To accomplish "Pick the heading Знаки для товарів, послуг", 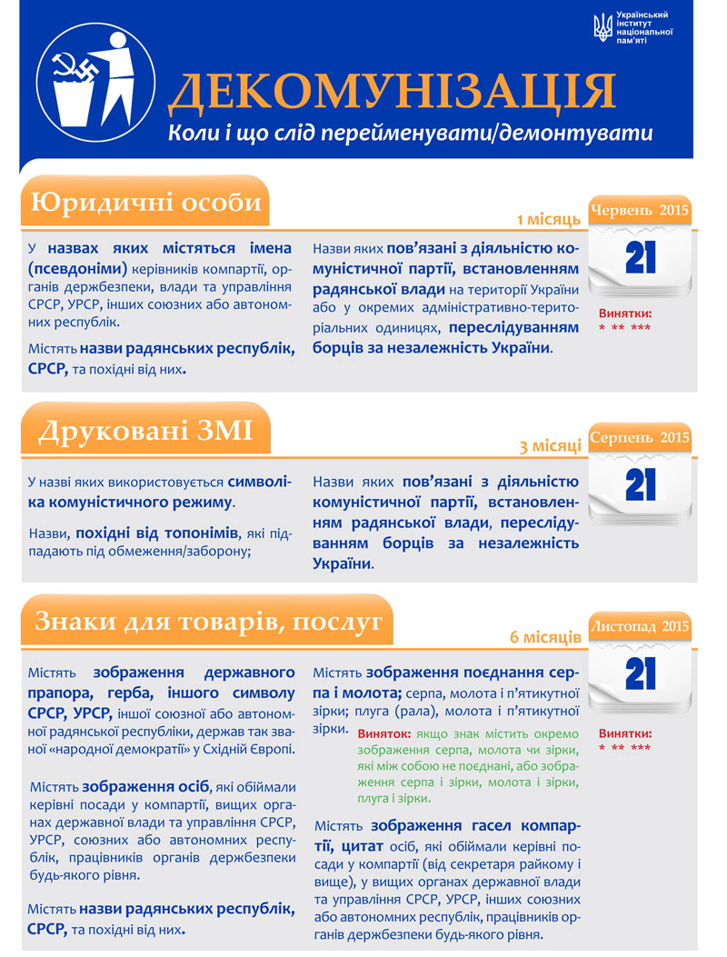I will pos(208,622).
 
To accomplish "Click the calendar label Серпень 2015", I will pos(640,437).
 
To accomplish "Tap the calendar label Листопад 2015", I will pos(640,626).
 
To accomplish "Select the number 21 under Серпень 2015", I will pos(641,485).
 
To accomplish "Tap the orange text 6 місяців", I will pos(545,636).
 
